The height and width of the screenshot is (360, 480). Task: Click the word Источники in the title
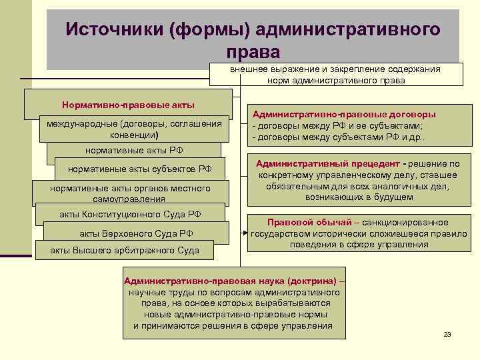click(113, 29)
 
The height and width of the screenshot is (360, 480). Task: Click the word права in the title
click(253, 51)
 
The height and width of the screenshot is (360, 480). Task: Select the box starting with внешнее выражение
click(335, 74)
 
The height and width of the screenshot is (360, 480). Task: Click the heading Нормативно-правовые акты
click(128, 105)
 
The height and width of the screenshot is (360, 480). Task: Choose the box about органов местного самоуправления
click(130, 193)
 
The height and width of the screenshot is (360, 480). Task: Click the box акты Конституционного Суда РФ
click(129, 215)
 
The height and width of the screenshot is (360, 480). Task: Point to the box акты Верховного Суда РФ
click(137, 233)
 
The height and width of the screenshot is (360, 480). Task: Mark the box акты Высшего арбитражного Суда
click(125, 251)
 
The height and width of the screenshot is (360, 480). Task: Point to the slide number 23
click(447, 334)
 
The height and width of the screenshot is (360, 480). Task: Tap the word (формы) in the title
click(206, 29)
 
